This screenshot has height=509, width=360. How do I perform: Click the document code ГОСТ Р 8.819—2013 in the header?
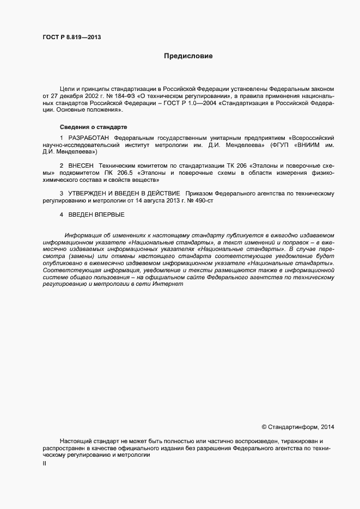(71, 38)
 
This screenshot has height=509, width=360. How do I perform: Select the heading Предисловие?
(188, 56)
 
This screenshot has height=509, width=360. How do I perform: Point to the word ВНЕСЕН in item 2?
(82, 165)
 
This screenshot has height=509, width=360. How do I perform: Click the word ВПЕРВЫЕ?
(111, 214)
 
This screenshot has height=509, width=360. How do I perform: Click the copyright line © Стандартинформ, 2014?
(298, 427)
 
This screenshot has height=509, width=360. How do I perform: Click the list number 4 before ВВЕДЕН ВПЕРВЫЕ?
(62, 214)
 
